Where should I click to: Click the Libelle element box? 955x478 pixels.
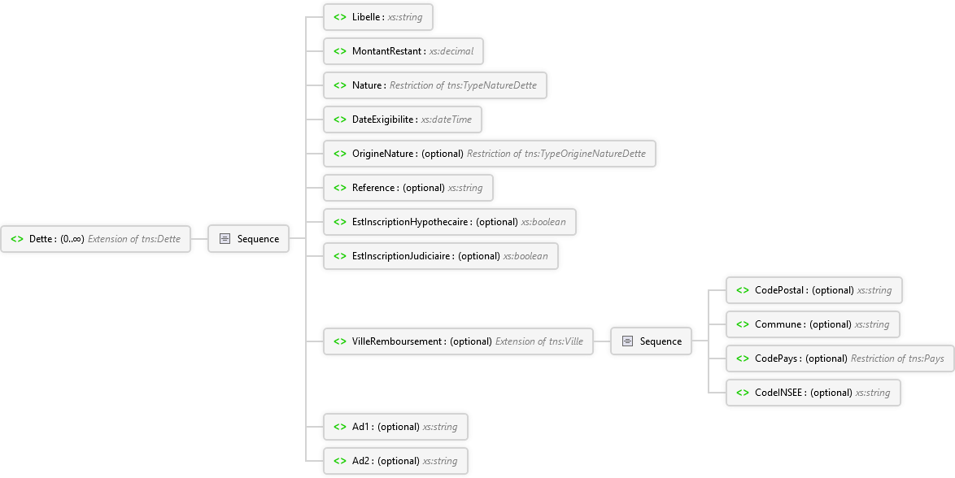378,17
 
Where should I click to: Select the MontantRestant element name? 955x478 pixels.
386,51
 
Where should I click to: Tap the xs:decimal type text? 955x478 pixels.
451,51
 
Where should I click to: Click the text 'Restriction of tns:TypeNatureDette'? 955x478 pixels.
463,85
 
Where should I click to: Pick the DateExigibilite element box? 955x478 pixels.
403,119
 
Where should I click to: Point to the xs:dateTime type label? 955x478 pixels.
447,119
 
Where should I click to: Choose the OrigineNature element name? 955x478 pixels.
382,154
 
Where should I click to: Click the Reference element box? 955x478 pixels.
408,188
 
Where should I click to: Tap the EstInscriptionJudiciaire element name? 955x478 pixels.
401,256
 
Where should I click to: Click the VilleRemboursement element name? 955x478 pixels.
397,341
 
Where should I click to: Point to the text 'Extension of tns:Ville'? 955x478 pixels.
539,341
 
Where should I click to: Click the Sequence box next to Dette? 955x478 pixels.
248,239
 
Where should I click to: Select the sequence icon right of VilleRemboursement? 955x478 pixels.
627,341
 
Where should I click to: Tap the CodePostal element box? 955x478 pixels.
813,290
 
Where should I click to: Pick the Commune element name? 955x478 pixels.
778,324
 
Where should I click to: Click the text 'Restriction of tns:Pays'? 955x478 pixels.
897,358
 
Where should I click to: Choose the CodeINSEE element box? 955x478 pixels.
813,392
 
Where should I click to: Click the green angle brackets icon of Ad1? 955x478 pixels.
340,426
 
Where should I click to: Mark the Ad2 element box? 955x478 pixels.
395,460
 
